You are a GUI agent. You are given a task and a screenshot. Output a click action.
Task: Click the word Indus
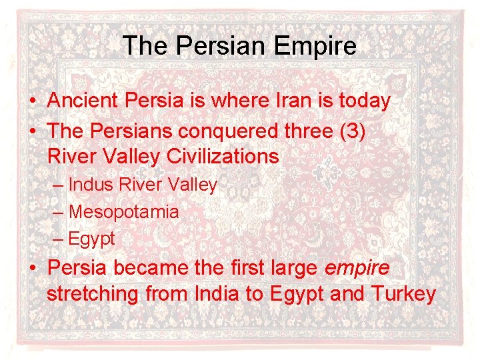(91, 185)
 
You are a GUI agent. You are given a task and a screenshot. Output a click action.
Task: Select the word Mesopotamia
(124, 212)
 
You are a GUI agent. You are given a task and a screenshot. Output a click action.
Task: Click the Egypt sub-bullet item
(92, 238)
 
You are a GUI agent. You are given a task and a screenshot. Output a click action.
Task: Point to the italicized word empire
(357, 269)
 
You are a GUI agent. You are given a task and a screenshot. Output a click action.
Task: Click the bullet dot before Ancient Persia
(32, 102)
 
